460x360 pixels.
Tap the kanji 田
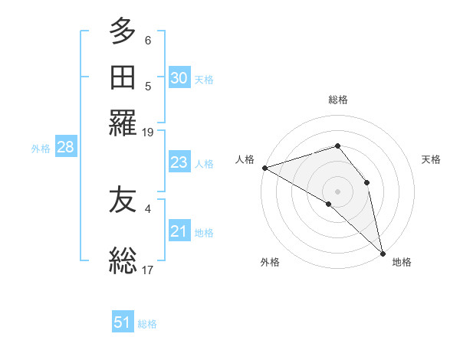[123, 77]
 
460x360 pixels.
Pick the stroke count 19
[148, 133]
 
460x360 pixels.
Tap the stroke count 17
[148, 269]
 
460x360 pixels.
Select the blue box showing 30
[179, 77]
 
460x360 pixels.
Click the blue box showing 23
[179, 162]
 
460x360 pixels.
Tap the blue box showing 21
[179, 231]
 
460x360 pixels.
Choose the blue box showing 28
[65, 148]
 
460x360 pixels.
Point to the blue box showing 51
[123, 322]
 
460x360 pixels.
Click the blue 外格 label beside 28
[41, 149]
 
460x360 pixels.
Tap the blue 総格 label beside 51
[147, 324]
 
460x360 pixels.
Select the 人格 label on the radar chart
[245, 159]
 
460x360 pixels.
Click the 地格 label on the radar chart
[402, 262]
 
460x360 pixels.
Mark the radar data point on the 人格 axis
[264, 168]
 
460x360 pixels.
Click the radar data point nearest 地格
[382, 252]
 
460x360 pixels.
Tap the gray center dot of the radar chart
[337, 191]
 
